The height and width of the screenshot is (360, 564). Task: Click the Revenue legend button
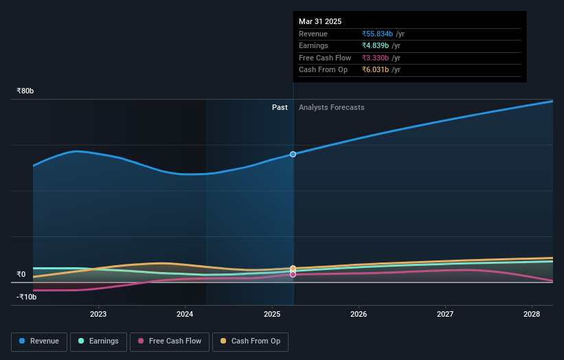[40, 341]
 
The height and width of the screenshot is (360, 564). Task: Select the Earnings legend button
[98, 341]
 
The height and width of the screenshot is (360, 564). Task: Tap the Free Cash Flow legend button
[169, 341]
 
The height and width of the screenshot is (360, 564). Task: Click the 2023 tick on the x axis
[98, 314]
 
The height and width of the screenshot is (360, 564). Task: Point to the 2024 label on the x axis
[185, 314]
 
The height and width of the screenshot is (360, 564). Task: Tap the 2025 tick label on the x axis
[272, 314]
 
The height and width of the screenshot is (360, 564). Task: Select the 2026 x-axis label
[359, 314]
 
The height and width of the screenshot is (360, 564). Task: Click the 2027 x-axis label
[445, 314]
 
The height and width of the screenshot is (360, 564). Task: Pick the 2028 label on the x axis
[532, 314]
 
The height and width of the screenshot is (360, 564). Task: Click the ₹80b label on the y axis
[25, 91]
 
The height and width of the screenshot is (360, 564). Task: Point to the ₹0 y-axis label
[21, 274]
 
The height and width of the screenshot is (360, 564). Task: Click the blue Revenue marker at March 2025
[293, 154]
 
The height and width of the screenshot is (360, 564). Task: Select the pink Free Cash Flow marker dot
[293, 274]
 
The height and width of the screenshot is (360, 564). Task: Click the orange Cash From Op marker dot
[293, 268]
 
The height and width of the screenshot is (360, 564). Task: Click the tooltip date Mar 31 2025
[320, 22]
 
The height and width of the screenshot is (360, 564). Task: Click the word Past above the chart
[280, 107]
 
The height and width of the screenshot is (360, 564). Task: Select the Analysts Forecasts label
[331, 107]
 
